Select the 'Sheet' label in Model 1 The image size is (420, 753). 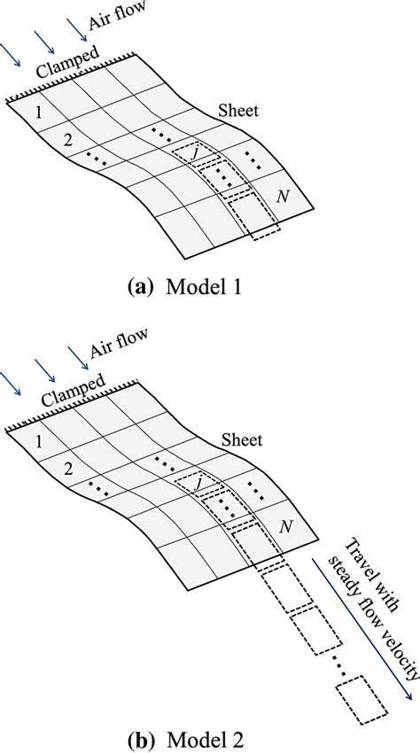pyautogui.click(x=239, y=113)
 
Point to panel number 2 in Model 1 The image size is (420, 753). pyautogui.click(x=66, y=140)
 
